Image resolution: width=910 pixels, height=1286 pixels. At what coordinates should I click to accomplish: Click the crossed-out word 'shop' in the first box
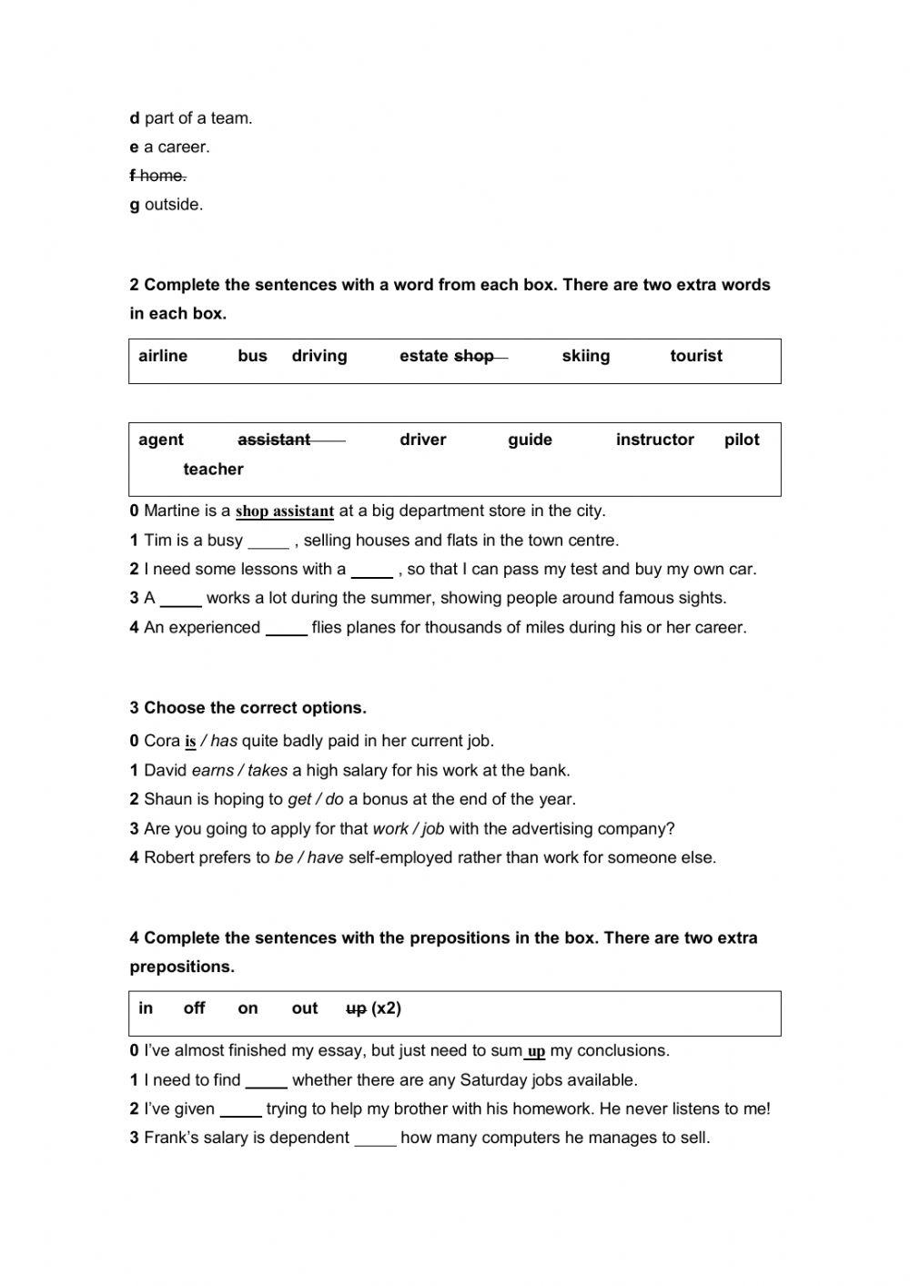(x=474, y=356)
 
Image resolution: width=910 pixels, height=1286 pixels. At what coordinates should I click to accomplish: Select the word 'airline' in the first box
(x=163, y=356)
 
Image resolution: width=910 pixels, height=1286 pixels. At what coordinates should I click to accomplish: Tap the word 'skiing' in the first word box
(x=586, y=356)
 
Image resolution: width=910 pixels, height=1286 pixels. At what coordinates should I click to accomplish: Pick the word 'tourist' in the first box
(x=696, y=356)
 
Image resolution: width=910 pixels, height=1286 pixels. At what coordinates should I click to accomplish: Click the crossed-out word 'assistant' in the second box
(x=274, y=440)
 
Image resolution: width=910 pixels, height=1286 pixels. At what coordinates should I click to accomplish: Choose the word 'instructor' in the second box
(x=654, y=440)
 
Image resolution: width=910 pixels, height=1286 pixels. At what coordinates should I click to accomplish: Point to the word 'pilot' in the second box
(x=742, y=440)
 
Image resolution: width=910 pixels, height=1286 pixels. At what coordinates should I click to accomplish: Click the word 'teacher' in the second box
(x=213, y=470)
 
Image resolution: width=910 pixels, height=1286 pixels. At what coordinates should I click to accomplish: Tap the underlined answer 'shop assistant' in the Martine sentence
(x=285, y=511)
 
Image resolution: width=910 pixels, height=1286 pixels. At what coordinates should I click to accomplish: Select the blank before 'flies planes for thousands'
(x=287, y=630)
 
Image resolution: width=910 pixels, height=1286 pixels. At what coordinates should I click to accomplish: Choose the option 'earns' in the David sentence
(x=213, y=771)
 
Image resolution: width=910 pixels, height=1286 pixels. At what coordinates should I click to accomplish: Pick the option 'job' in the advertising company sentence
(x=433, y=829)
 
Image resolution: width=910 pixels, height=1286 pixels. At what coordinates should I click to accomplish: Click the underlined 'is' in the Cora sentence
(x=190, y=742)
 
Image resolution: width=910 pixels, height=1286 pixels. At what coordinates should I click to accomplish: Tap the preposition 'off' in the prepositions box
(x=194, y=1008)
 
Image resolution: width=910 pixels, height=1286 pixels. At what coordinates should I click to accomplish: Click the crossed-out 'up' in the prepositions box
(x=356, y=1008)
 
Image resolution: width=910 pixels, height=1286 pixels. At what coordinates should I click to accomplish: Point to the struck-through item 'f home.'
(x=158, y=176)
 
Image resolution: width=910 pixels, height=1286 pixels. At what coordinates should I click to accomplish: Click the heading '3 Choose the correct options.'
(x=248, y=708)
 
